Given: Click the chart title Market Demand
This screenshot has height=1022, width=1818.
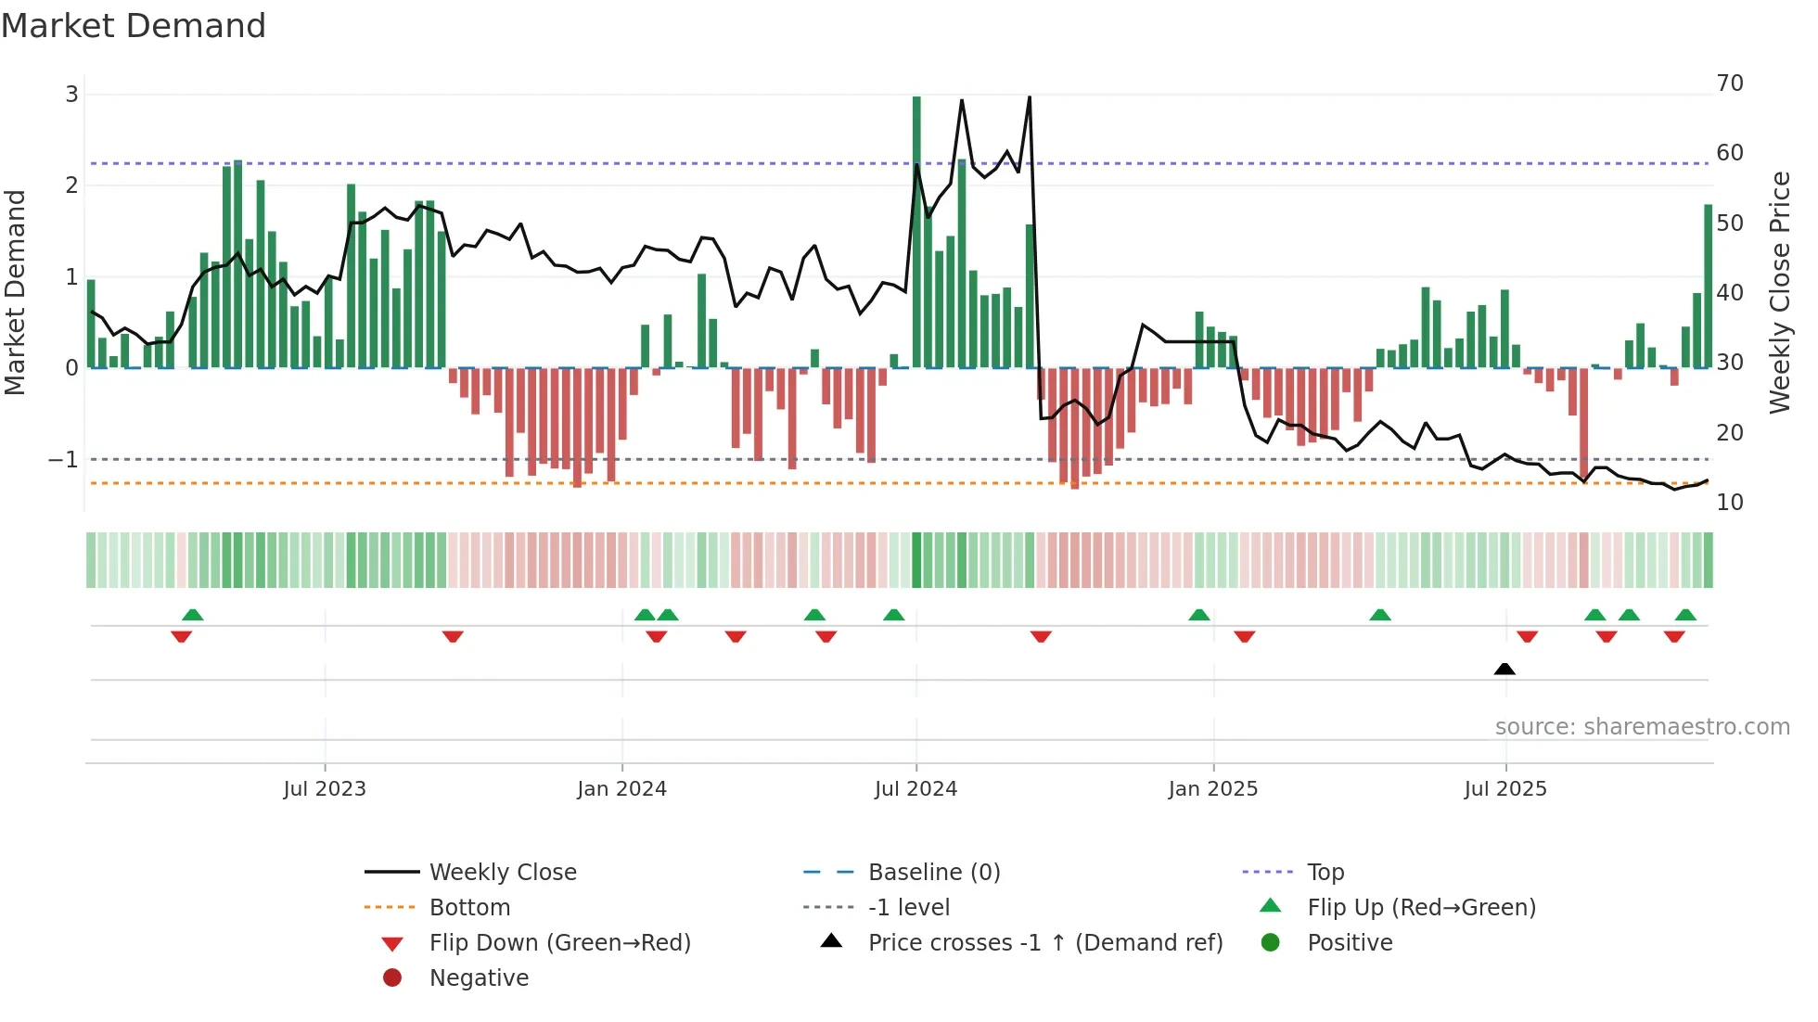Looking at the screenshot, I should coord(134,26).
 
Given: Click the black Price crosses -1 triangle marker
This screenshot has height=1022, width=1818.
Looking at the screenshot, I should coord(1504,669).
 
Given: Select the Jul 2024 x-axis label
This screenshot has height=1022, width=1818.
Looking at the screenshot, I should coord(915,789).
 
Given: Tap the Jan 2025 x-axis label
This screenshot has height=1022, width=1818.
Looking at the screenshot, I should coord(1212,789).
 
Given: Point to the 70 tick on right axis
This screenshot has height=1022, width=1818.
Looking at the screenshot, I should coord(1730,83).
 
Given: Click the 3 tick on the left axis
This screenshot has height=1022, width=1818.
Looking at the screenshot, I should coord(71,95).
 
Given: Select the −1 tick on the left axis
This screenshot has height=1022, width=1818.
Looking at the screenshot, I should coord(63,460).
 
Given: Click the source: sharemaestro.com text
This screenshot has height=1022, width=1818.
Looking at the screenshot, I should coord(1642,727).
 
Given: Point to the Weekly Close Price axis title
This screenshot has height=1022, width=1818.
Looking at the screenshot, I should coord(1779,292).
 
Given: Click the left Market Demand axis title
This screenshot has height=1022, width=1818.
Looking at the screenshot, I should coord(15,292).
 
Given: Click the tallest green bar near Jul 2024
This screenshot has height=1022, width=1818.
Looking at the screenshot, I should coord(916,232).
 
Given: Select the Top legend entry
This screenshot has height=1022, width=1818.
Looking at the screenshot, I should coord(1325,873).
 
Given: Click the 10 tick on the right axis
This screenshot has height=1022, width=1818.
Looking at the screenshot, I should coord(1730,503).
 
